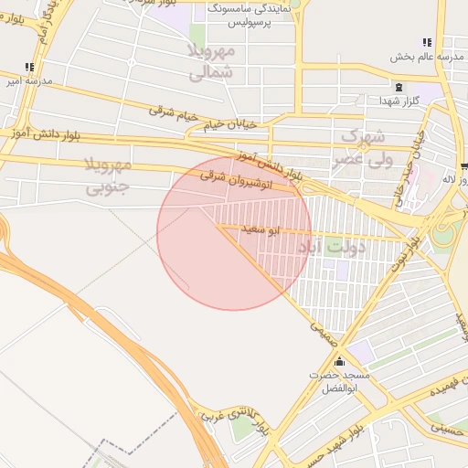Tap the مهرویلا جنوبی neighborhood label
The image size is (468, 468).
(x=108, y=176)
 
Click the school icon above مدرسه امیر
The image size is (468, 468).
(x=29, y=67)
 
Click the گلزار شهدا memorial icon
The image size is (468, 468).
(x=385, y=87)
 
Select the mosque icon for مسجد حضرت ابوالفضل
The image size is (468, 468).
(x=339, y=361)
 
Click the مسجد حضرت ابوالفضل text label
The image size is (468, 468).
(x=340, y=381)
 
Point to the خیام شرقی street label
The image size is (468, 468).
(x=175, y=114)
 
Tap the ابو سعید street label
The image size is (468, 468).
(x=260, y=228)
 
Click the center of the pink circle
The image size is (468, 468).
(x=234, y=234)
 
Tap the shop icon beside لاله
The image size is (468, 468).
(x=464, y=165)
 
